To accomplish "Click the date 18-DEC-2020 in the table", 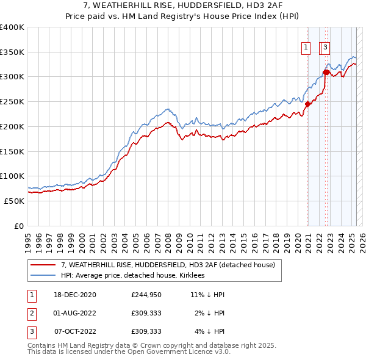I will [x=75, y=295].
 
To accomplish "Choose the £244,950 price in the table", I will [x=145, y=295].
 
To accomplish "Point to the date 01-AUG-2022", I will [x=75, y=314].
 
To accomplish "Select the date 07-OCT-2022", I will [x=75, y=332].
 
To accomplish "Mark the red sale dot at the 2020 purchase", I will [x=308, y=104].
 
